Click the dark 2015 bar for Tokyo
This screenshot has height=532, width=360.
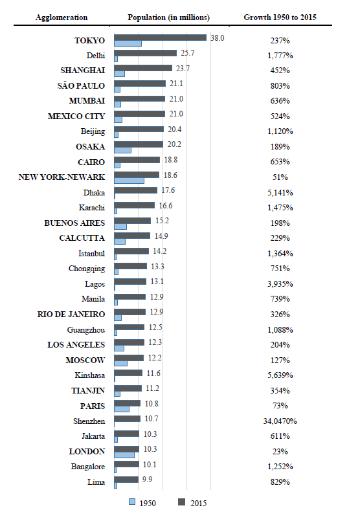160,38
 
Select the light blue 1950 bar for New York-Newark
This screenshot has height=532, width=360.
129,180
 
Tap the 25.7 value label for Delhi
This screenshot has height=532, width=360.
186,53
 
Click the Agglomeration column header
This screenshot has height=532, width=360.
62,17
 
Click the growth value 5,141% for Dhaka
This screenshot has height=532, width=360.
280,192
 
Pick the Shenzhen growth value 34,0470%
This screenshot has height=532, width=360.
280,421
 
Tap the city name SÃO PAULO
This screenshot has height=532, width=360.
81,85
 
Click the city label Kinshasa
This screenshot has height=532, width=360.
90,375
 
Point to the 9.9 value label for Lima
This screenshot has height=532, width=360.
147,480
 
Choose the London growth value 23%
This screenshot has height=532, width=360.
280,451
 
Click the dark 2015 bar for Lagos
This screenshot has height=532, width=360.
130,281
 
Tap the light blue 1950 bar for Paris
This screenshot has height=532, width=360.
122,408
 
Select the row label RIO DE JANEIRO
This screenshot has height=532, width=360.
71,314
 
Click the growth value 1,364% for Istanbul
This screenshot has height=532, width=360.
280,253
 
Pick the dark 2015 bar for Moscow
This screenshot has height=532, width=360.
129,357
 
